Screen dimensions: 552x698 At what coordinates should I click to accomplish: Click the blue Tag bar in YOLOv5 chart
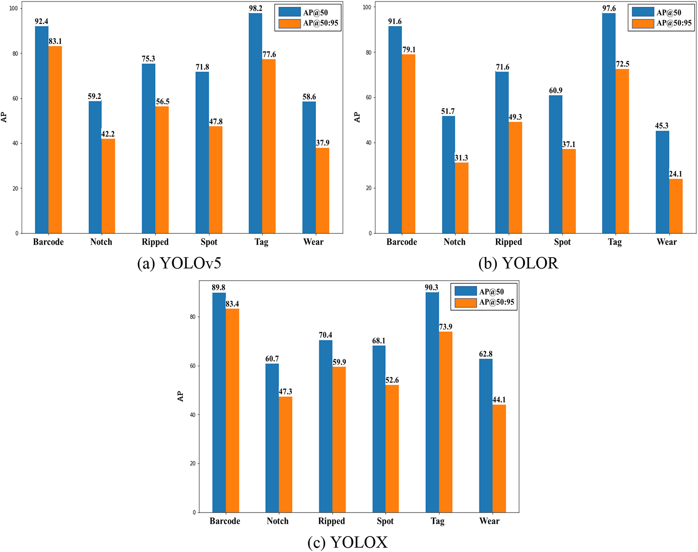coord(255,123)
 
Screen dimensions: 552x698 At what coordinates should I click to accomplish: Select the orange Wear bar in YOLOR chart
coord(676,206)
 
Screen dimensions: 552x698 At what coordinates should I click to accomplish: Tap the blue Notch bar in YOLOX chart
coord(272,438)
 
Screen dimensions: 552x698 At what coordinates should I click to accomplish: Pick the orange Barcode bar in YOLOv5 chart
coord(55,139)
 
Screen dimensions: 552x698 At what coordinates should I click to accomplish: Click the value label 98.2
coord(255,8)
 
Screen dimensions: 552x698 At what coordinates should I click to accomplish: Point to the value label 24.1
coord(675,174)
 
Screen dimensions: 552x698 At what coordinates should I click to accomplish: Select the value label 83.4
coord(232,304)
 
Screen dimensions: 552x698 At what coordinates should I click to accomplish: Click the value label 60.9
coord(555,91)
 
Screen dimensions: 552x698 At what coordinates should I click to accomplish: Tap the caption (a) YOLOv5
coord(179,263)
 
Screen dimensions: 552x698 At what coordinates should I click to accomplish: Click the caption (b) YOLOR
coord(518,263)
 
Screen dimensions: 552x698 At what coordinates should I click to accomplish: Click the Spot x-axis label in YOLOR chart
coord(562,242)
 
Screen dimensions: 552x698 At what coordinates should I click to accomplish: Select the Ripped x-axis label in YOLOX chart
coord(331,521)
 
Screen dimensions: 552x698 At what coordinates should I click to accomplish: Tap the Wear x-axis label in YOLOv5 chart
coord(313,242)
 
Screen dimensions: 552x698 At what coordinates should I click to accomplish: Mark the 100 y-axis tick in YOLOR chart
coord(367,7)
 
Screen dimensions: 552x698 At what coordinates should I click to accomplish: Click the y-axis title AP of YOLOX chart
coord(180,396)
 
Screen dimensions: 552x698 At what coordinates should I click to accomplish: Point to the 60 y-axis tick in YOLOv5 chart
coord(15,99)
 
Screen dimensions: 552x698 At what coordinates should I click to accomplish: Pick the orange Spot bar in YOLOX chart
coord(392,448)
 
